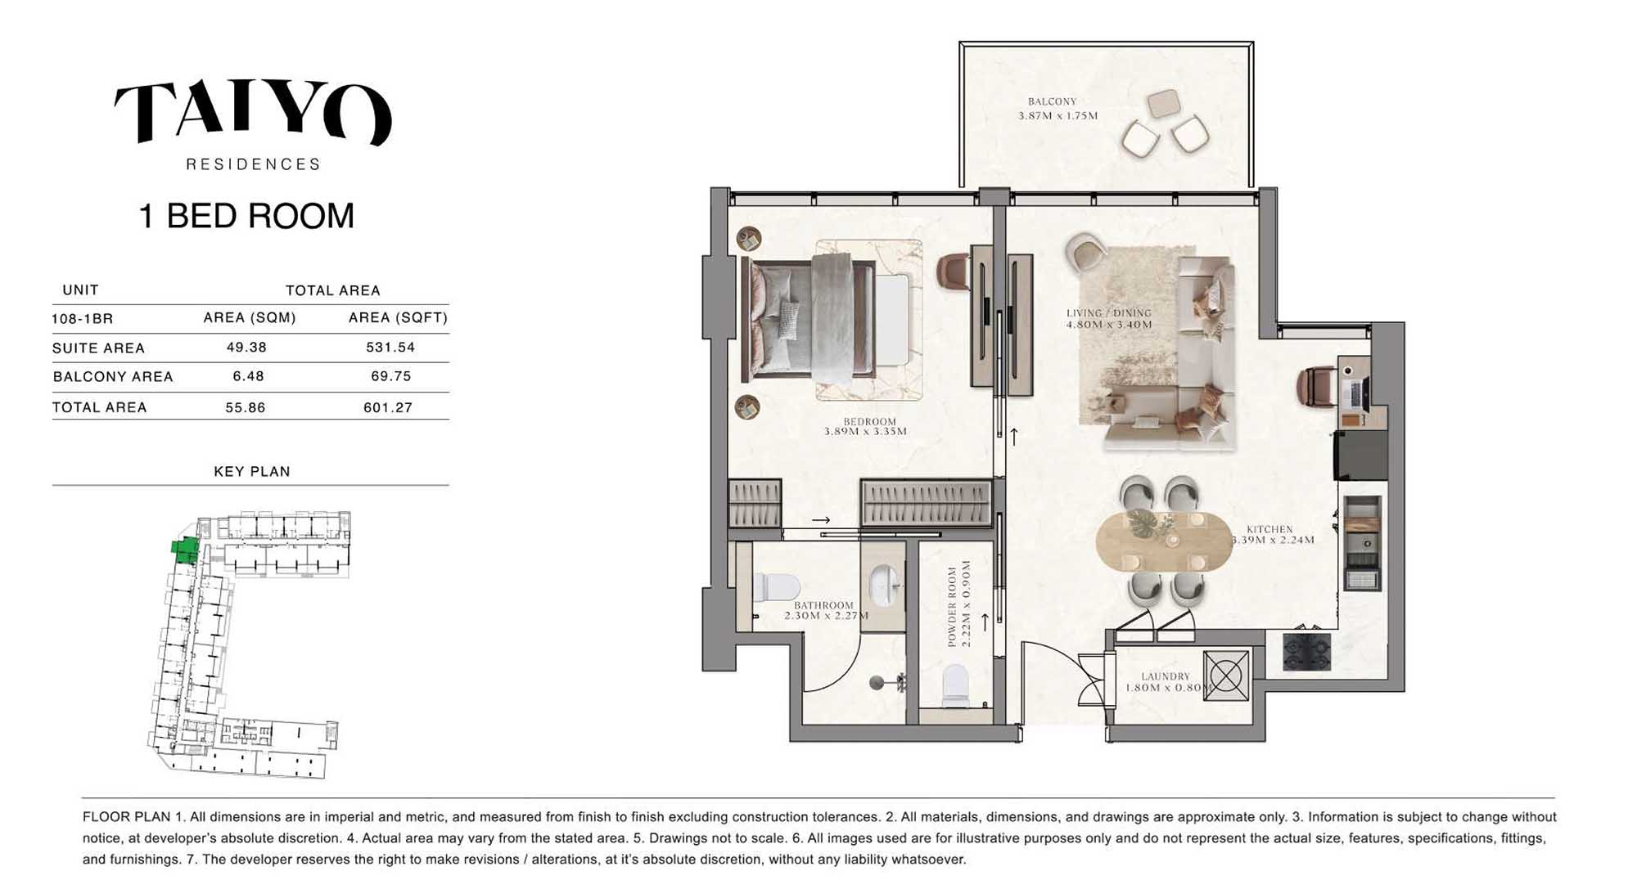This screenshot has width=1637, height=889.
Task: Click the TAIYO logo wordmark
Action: click(x=253, y=112)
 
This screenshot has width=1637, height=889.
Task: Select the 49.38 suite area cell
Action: click(x=246, y=348)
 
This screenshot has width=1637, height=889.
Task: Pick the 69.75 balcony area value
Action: click(x=390, y=376)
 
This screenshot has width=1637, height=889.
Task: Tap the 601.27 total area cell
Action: click(x=388, y=407)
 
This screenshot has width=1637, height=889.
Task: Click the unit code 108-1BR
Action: click(x=82, y=319)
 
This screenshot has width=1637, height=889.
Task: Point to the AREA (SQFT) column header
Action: click(x=398, y=317)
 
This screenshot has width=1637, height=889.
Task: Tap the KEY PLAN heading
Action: click(x=252, y=472)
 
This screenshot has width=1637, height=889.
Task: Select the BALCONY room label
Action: click(x=1053, y=102)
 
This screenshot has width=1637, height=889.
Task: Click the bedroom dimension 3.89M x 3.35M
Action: click(x=866, y=432)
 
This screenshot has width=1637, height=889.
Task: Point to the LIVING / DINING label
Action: click(x=1109, y=313)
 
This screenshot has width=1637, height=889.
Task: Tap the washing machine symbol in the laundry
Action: click(x=1226, y=676)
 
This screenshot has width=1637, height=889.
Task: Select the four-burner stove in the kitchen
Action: click(x=1306, y=652)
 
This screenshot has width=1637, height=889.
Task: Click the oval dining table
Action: click(x=1164, y=541)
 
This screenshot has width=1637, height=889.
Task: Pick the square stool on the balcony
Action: click(x=1163, y=104)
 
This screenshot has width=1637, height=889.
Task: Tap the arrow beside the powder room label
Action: click(x=985, y=622)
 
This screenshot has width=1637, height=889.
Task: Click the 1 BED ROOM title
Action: click(x=246, y=216)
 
